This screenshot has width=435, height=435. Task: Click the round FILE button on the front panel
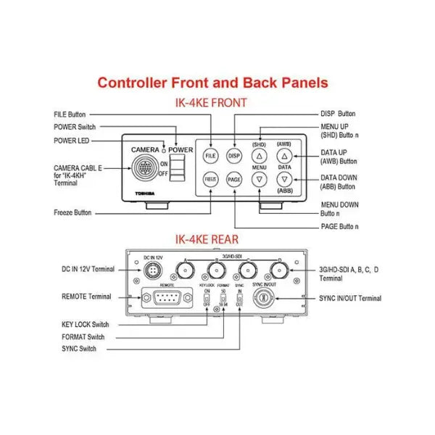point(211,155)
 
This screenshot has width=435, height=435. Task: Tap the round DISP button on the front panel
point(233,155)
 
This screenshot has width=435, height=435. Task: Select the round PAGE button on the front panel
point(233,179)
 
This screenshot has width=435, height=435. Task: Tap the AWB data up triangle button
point(284,156)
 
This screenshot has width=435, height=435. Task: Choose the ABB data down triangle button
point(284,179)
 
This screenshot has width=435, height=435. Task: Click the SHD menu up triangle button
point(260,156)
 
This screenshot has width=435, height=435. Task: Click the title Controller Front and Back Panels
point(212,83)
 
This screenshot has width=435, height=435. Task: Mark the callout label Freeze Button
point(72,213)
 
